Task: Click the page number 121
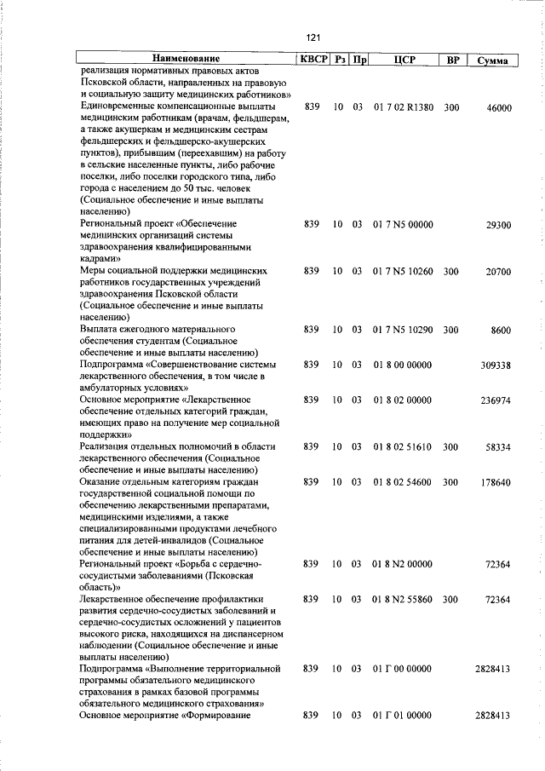(313, 38)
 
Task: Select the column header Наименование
(184, 60)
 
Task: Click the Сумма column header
(493, 60)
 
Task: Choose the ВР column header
(451, 60)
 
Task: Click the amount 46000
(498, 108)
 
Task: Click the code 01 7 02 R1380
(403, 108)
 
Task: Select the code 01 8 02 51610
(403, 446)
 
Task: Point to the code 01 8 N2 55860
(403, 599)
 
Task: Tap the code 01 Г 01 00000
(403, 716)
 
